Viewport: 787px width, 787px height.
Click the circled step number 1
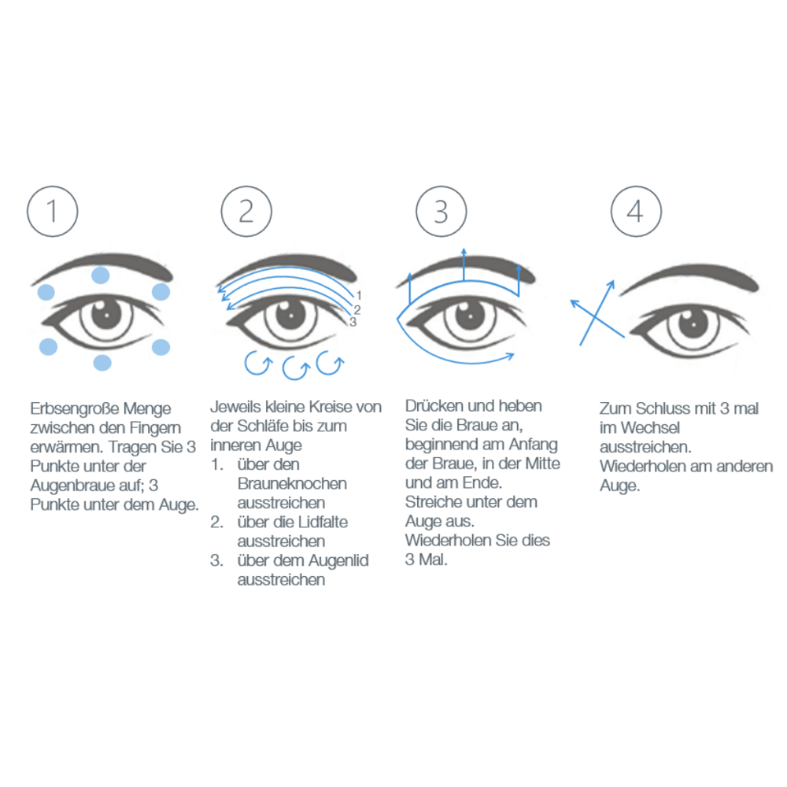point(53,211)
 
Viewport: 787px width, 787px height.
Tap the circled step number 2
point(246,211)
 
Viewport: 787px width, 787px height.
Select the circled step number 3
point(441,211)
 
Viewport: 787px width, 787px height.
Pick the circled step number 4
point(636,211)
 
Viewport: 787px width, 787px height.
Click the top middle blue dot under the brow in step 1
point(101,275)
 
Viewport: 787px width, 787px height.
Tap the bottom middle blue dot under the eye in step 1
point(102,362)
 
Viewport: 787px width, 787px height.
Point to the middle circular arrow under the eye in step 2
point(294,366)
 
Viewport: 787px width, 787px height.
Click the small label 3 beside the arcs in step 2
point(353,322)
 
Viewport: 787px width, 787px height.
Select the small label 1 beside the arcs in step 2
point(358,296)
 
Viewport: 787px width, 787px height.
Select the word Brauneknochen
point(291,483)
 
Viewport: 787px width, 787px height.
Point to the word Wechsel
point(648,428)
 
